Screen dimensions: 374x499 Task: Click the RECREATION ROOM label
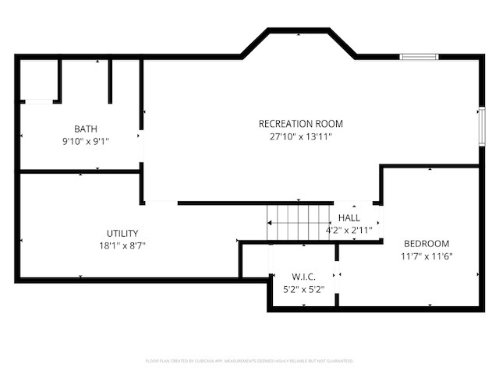pos(300,124)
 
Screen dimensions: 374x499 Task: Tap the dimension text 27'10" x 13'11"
pos(300,136)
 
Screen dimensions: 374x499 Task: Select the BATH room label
pos(86,129)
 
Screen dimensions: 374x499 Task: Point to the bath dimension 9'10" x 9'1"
pos(86,142)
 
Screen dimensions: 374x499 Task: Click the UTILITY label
pos(122,233)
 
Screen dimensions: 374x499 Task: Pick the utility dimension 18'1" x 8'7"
pos(122,245)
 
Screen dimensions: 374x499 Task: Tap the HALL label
pos(349,218)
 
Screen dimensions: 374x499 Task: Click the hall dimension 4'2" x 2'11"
pos(349,231)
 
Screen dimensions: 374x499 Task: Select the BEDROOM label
pos(426,243)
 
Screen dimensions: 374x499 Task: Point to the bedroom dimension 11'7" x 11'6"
pos(426,256)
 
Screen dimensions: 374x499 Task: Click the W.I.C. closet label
pos(303,277)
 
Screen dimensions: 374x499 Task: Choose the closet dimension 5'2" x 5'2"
pos(303,289)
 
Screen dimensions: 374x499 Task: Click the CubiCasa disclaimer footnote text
pos(249,361)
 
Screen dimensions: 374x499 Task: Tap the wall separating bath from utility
pos(78,171)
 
